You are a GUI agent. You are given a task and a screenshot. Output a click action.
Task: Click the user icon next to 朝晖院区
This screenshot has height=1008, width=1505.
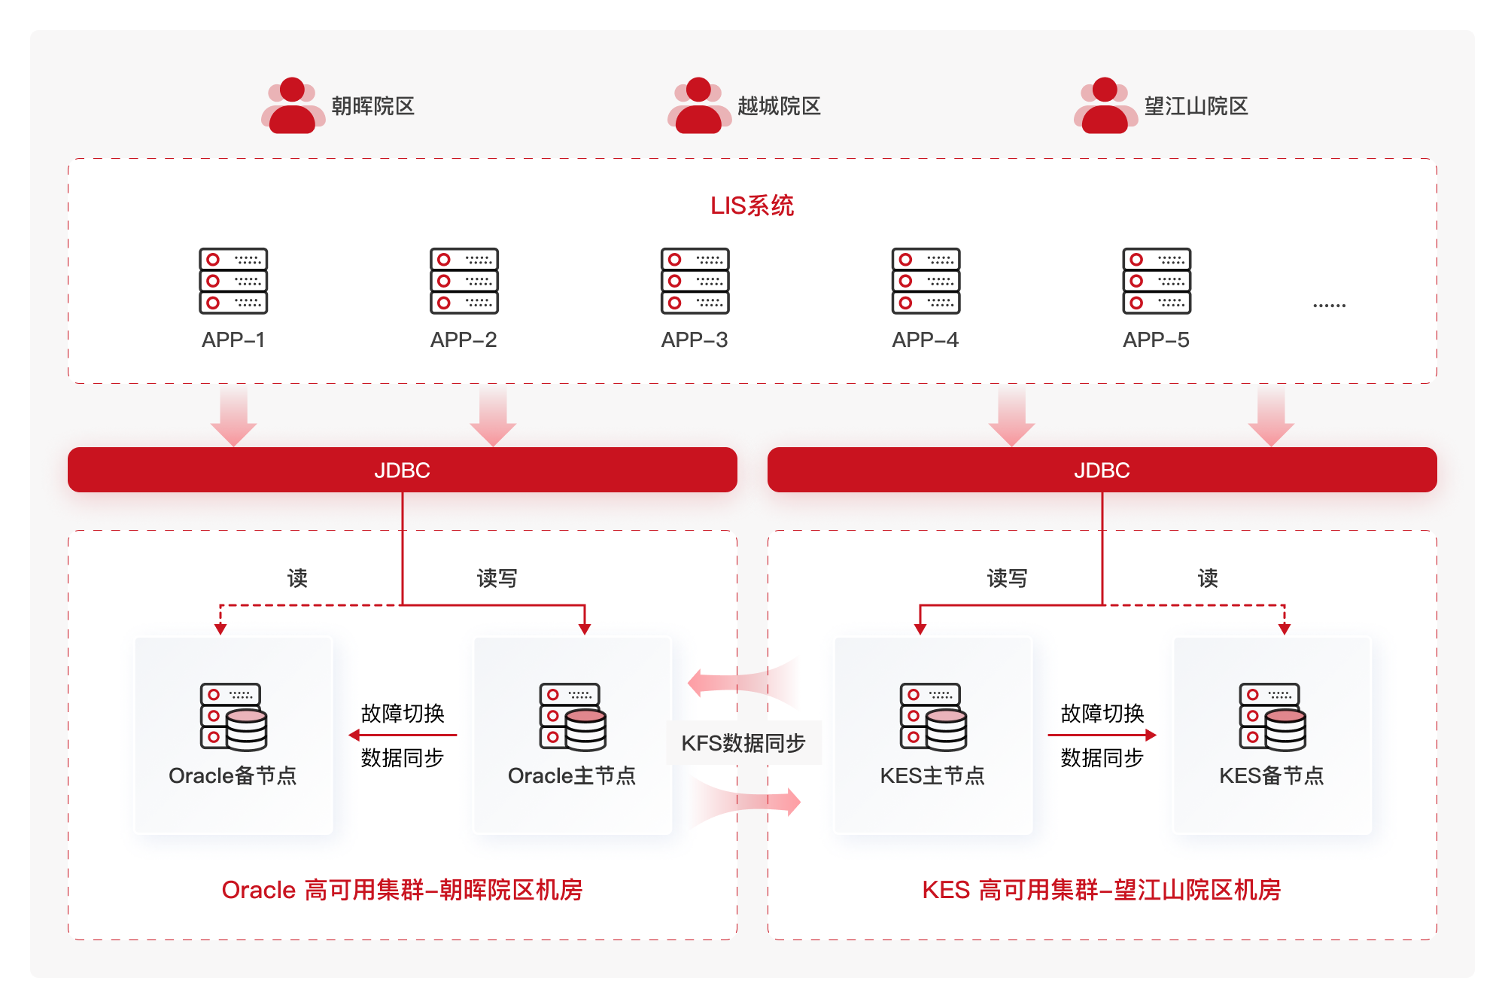tap(293, 105)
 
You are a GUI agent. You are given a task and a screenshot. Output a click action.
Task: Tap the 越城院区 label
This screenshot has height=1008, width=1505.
tap(779, 106)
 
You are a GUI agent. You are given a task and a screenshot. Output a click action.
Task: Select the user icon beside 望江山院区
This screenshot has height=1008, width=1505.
tap(1105, 105)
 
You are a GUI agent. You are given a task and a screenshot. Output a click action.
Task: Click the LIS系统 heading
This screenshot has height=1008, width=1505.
tap(752, 206)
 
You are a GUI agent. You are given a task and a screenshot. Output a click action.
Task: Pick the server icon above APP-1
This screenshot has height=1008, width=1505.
tap(233, 281)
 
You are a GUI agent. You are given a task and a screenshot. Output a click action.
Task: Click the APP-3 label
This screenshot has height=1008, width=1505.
tap(694, 340)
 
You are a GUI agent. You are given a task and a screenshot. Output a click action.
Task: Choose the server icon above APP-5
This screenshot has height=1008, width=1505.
tap(1157, 281)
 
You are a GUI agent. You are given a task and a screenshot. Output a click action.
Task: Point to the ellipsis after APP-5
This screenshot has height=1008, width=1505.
tap(1329, 306)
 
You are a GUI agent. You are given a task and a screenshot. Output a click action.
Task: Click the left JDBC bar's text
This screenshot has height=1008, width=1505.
tap(402, 471)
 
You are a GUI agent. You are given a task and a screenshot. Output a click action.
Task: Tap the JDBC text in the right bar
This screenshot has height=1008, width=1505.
tap(1102, 471)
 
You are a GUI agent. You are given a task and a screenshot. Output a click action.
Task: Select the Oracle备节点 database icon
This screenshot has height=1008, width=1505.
tap(233, 717)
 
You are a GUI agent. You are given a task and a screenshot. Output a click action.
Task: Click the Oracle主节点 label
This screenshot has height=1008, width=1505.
tap(572, 775)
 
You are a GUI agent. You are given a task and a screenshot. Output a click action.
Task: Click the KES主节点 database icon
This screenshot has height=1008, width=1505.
tap(933, 717)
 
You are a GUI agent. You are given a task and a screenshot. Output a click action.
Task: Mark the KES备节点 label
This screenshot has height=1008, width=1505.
tap(1271, 775)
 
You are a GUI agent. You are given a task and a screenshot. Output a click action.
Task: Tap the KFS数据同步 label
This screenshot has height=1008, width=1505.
tap(743, 744)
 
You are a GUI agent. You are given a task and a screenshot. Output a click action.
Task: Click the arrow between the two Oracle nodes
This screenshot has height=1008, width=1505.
tap(403, 735)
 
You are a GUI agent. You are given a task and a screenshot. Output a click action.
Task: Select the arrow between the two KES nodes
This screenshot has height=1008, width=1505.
tap(1102, 735)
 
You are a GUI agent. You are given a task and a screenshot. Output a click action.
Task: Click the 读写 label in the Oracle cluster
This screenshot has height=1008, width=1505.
tap(497, 578)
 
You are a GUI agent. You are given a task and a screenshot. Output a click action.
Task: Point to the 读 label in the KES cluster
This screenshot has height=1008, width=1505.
tap(1208, 578)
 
